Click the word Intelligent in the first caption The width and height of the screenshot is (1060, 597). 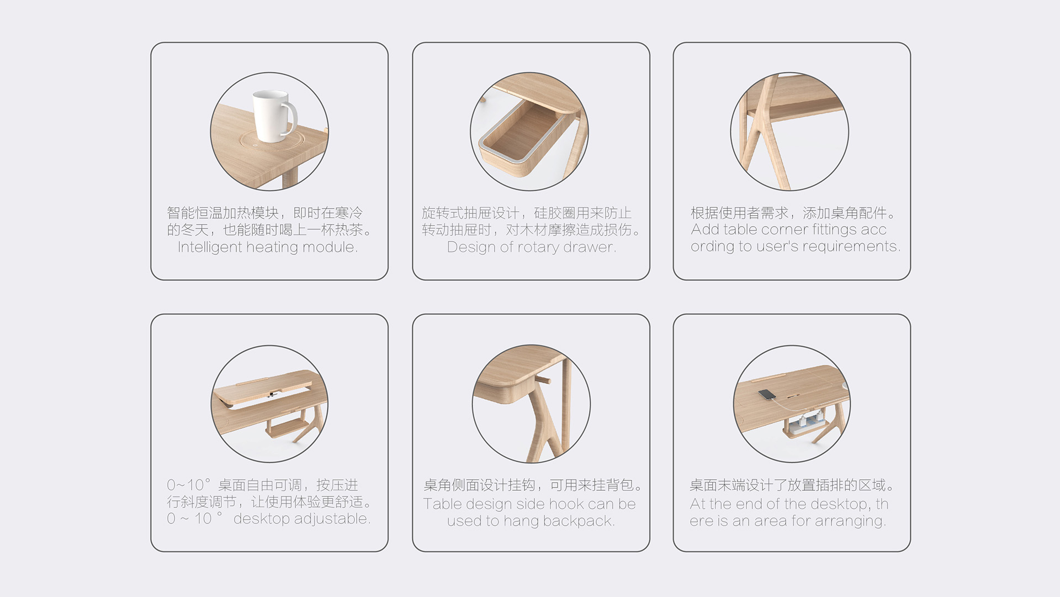click(209, 247)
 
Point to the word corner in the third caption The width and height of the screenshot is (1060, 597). click(784, 229)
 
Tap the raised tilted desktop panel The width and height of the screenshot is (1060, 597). click(265, 386)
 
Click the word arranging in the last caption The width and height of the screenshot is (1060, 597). click(853, 521)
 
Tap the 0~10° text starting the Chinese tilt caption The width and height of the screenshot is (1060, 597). click(188, 485)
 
